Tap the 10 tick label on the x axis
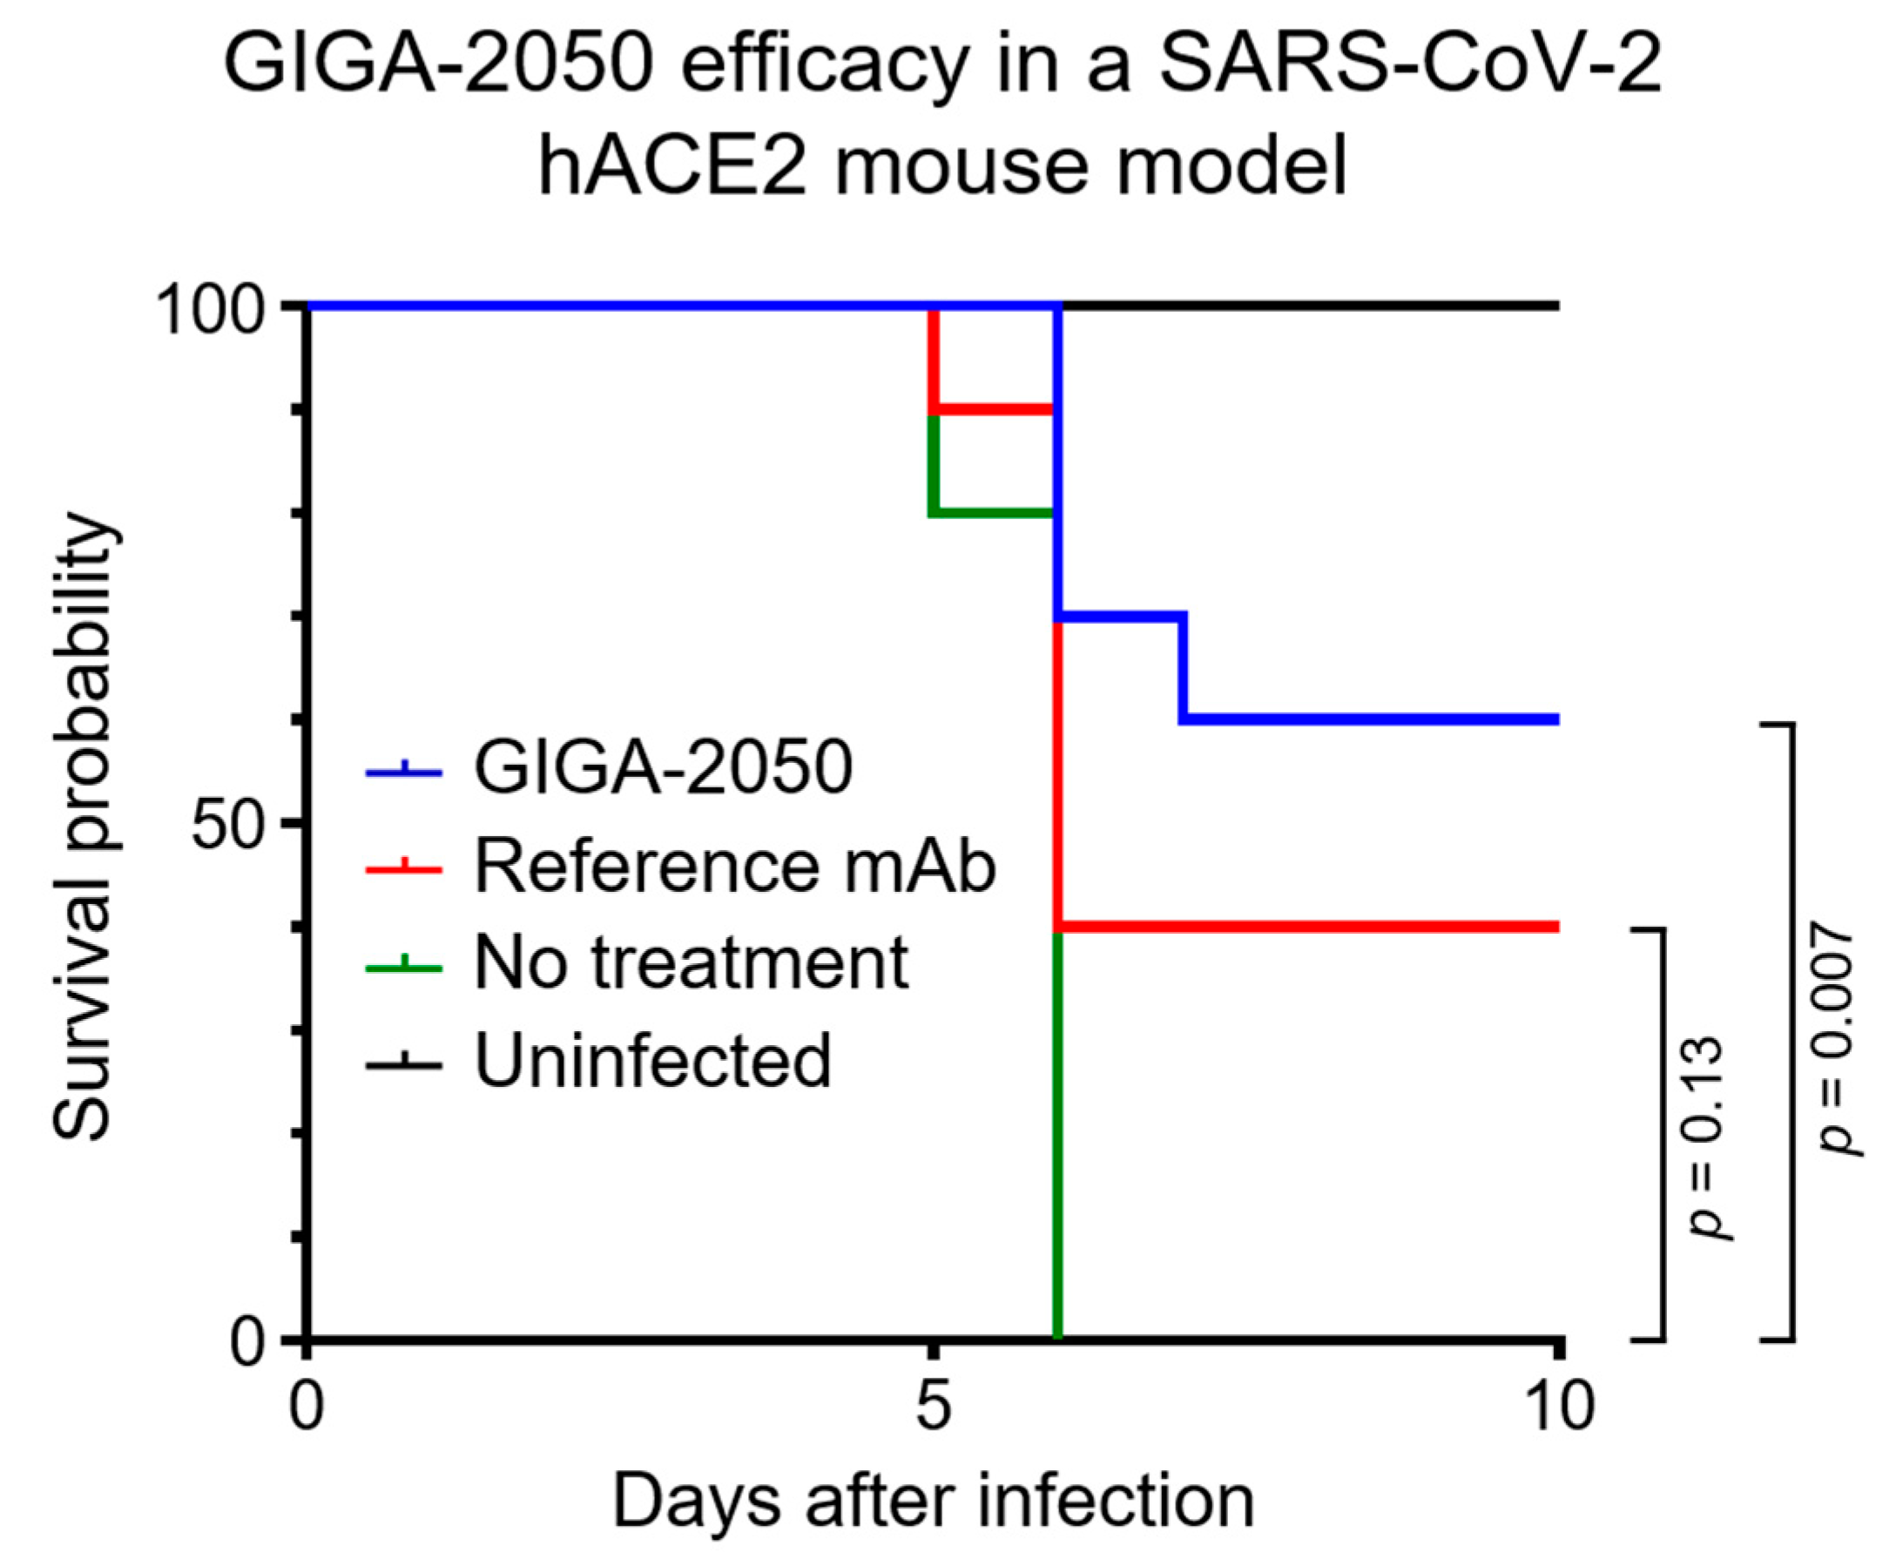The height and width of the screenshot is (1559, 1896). tap(1558, 1406)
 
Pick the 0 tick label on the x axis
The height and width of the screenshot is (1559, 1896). tap(307, 1406)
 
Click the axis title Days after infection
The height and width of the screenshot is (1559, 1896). tap(932, 1502)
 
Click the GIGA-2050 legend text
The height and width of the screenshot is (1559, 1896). tap(663, 769)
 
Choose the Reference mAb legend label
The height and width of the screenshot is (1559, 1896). tap(735, 867)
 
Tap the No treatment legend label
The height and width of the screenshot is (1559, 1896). tap(691, 963)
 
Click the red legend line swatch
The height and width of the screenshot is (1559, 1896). tap(404, 868)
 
